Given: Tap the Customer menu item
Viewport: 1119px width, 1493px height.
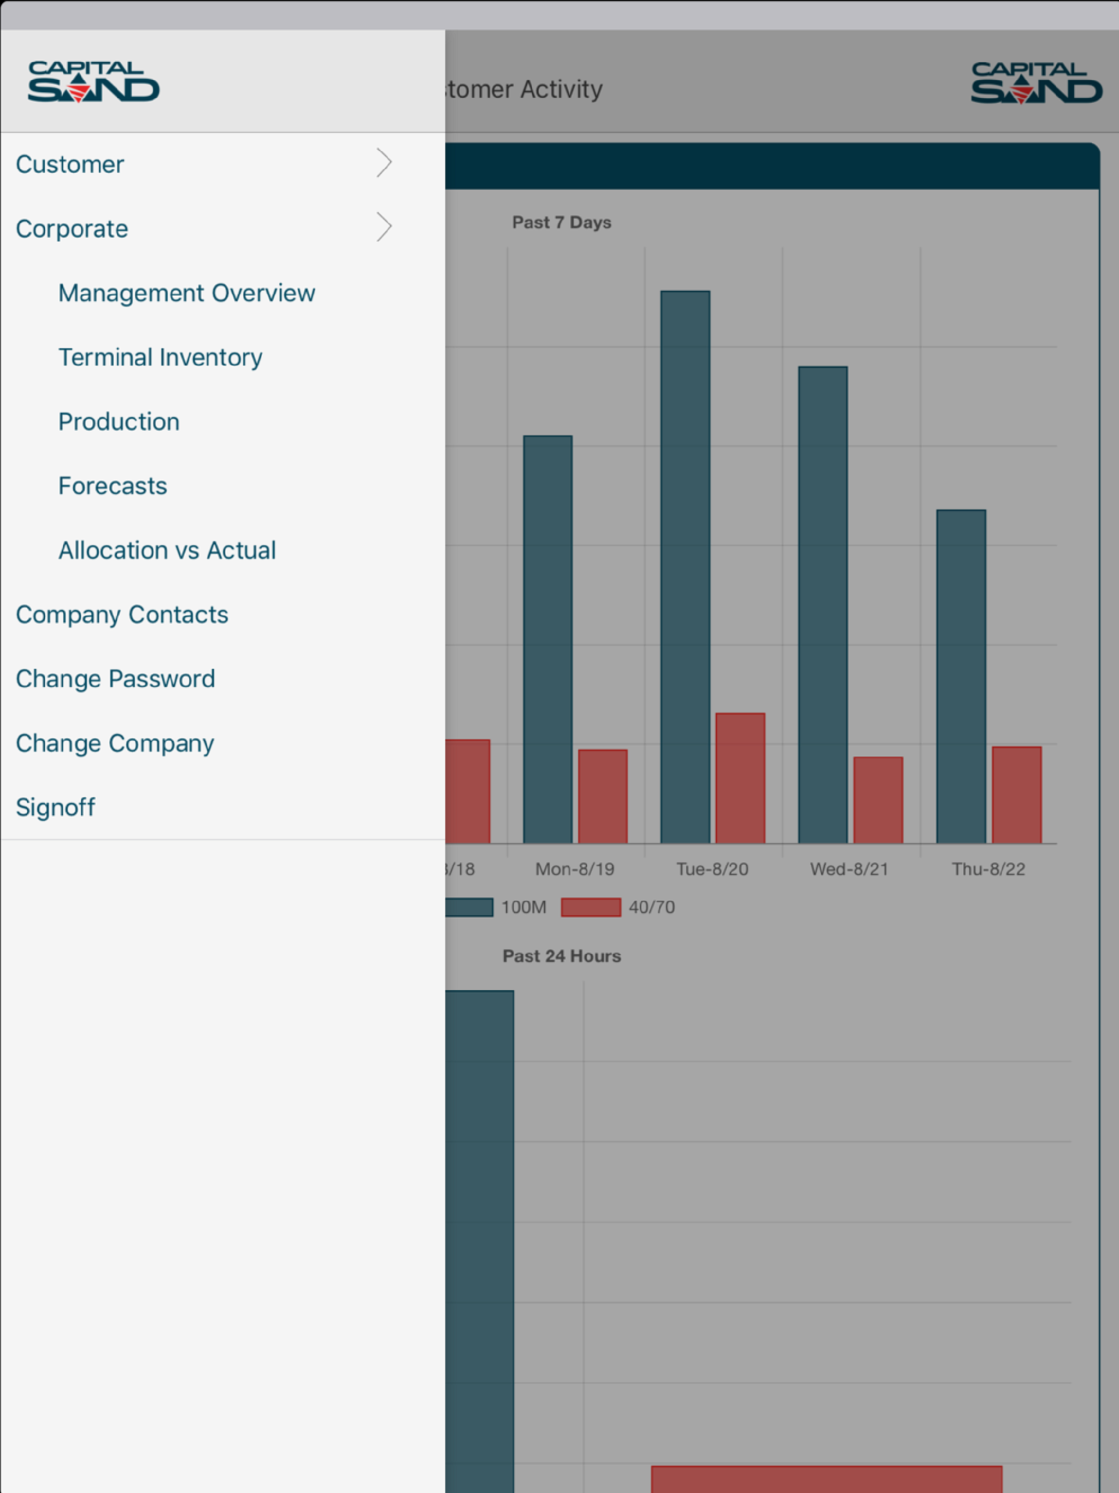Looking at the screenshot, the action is pyautogui.click(x=70, y=164).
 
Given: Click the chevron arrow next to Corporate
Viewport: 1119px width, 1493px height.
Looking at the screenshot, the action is pyautogui.click(x=384, y=227).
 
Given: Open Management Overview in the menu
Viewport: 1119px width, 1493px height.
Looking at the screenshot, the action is pyautogui.click(x=186, y=293).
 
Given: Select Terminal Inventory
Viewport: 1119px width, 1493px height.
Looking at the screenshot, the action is pyautogui.click(x=161, y=357).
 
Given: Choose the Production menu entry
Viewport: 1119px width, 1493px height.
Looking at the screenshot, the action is pyautogui.click(x=119, y=422).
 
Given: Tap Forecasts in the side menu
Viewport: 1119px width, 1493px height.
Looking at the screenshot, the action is pyautogui.click(x=113, y=486).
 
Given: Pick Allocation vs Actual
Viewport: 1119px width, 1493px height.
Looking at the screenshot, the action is pyautogui.click(x=167, y=550).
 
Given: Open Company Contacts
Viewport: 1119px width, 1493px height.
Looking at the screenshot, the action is pyautogui.click(x=122, y=615).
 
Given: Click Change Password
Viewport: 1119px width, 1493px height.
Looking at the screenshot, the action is pyautogui.click(x=115, y=679).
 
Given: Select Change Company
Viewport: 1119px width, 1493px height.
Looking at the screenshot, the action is pyautogui.click(x=115, y=743).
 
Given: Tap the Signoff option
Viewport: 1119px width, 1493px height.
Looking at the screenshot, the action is pyautogui.click(x=55, y=807).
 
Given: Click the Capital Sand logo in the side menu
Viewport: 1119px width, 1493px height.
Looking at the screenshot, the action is pyautogui.click(x=93, y=81).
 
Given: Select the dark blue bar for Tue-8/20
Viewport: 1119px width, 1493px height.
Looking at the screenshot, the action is pyautogui.click(x=685, y=567).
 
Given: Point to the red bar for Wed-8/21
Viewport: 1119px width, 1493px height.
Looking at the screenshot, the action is pyautogui.click(x=878, y=800).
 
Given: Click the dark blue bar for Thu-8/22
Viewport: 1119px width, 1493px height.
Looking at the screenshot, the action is pyautogui.click(x=961, y=677).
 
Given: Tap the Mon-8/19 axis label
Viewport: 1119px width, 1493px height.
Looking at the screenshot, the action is pyautogui.click(x=575, y=869).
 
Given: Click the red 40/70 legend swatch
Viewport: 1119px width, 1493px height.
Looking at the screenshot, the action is pyautogui.click(x=591, y=907).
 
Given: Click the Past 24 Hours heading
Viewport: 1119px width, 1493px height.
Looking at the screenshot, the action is pyautogui.click(x=562, y=956).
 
